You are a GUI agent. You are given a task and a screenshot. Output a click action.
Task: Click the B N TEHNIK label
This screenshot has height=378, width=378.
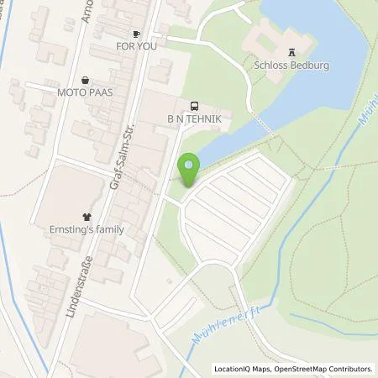194,120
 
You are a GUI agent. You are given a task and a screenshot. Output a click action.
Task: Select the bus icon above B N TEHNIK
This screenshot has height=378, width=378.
194,107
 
